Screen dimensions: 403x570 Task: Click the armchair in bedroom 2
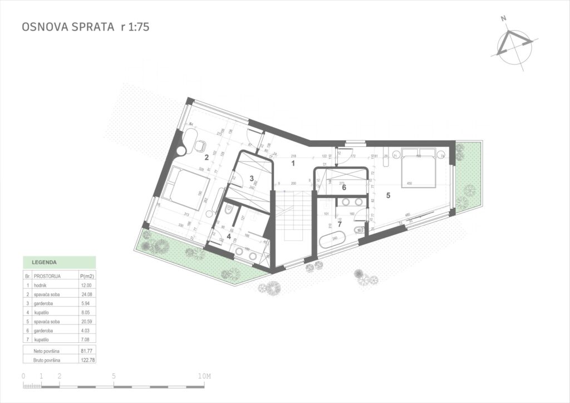click(200, 146)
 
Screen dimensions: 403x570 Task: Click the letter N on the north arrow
click(504, 18)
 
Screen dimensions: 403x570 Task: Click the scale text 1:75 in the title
click(135, 26)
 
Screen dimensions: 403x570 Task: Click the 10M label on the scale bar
click(205, 376)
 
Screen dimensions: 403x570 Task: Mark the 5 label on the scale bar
click(114, 376)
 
